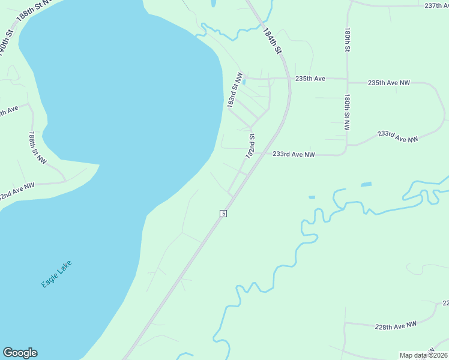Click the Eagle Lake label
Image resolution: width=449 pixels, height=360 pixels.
(57, 274)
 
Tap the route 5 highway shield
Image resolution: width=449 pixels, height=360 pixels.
(223, 214)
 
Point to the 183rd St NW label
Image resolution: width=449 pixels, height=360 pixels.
(235, 91)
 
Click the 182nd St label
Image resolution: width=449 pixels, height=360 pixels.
(250, 146)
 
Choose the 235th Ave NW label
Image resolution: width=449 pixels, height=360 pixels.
(388, 83)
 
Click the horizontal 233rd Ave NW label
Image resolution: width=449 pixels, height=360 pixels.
(294, 154)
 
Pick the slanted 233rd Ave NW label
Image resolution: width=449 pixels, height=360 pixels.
(397, 137)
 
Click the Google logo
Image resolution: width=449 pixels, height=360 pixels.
(20, 353)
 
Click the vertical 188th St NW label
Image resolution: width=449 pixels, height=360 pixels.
(37, 148)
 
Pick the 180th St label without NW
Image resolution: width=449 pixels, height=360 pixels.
(347, 39)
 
